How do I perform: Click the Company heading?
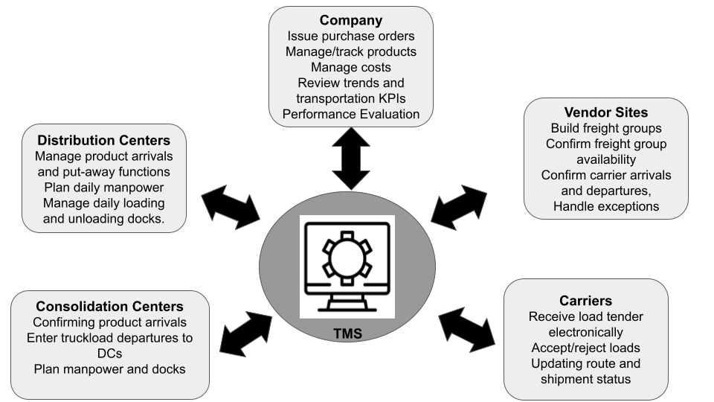pos(351,20)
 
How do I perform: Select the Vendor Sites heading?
pos(605,112)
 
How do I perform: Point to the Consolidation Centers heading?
pos(109,306)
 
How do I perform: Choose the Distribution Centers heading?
pos(103,140)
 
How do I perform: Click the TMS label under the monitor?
pos(347,334)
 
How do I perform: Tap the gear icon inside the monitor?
pos(347,258)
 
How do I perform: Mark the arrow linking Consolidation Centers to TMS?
pos(247,332)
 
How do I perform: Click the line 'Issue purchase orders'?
pos(351,36)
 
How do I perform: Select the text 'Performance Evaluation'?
pos(351,114)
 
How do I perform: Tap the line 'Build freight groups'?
pos(605,128)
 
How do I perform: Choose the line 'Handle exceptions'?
pos(605,206)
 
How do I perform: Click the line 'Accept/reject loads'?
pos(585,348)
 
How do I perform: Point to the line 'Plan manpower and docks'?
pos(109,369)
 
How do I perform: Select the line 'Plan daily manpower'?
pos(103,187)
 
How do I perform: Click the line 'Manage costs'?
pos(351,67)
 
